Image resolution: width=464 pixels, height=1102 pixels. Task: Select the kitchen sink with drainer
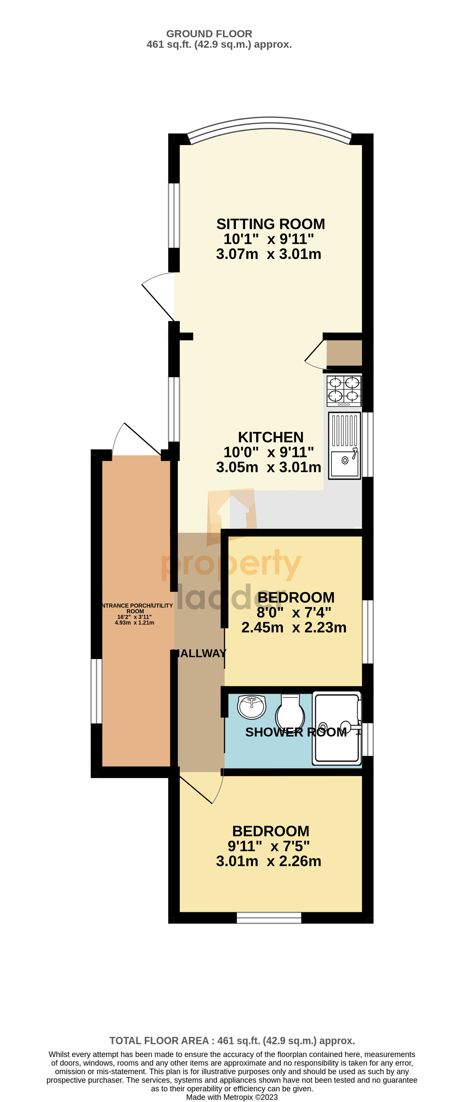click(345, 445)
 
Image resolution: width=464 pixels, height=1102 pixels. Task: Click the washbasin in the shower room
click(252, 707)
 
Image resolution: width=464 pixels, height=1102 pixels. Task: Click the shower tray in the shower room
click(337, 728)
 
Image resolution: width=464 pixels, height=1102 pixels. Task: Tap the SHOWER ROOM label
click(296, 732)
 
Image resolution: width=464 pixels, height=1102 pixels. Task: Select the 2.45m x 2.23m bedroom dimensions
click(294, 627)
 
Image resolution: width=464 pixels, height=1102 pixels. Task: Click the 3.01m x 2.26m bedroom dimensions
click(268, 861)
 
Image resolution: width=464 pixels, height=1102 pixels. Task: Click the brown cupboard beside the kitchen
click(344, 353)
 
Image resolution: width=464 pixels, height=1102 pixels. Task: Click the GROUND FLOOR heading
click(209, 34)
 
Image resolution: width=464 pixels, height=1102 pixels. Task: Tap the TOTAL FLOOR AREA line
click(232, 1040)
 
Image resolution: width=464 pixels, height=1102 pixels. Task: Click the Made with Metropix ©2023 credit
click(232, 1097)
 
